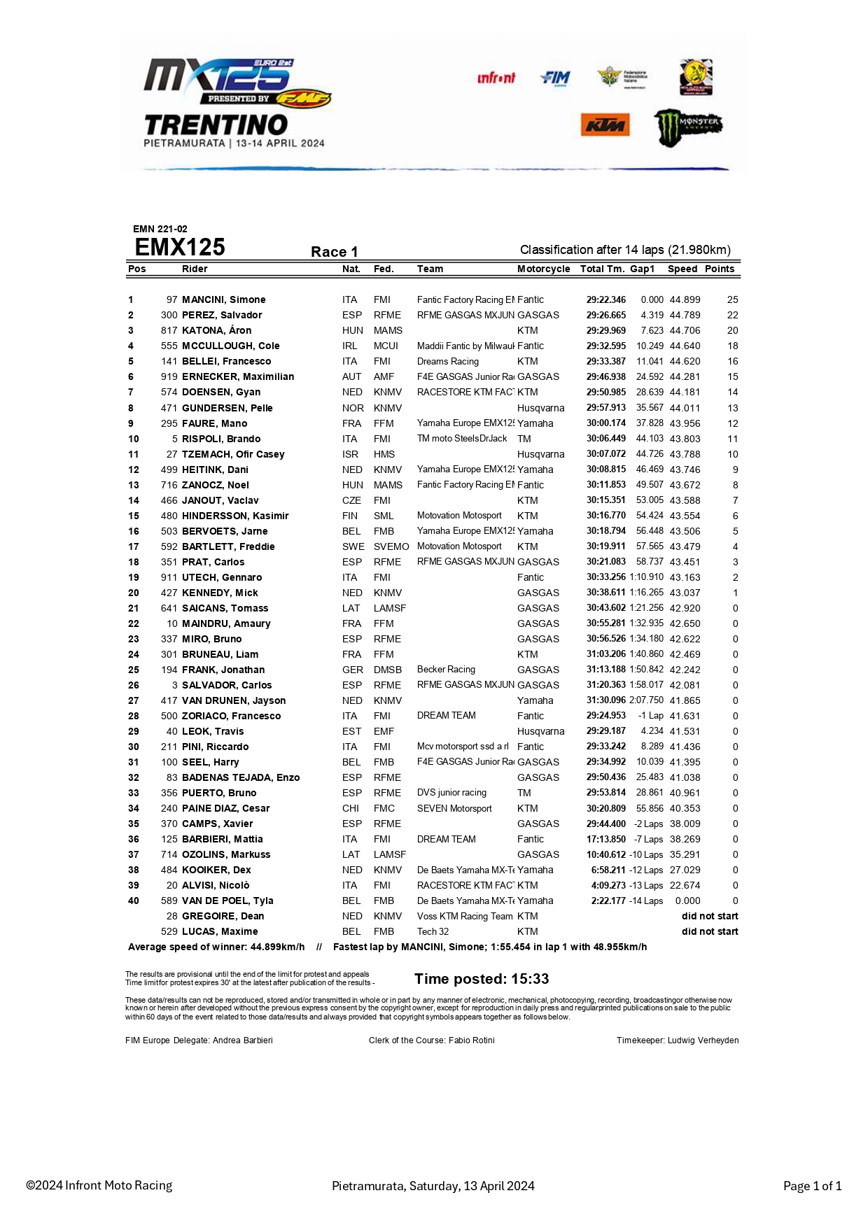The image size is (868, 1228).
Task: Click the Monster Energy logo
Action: [687, 127]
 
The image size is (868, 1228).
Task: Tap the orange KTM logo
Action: [605, 125]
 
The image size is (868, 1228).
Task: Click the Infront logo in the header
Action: [496, 78]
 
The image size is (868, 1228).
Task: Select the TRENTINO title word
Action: [216, 125]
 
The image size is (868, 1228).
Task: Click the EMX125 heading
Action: [180, 248]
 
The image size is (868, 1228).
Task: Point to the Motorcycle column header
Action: [543, 269]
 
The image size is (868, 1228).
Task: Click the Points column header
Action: [720, 269]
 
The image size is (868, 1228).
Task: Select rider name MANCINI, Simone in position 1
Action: [224, 299]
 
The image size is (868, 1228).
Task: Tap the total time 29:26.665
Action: [606, 315]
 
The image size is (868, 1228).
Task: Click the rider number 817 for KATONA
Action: [169, 330]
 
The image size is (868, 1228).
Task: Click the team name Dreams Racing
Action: [448, 361]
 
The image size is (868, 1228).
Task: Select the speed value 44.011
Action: [685, 408]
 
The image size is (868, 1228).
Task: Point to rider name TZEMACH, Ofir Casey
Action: [233, 454]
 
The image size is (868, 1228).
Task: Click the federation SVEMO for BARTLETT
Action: [391, 546]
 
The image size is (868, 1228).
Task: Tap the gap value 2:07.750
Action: [646, 700]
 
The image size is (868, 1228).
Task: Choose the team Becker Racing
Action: [446, 670]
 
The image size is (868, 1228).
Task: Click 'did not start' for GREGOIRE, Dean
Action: [710, 916]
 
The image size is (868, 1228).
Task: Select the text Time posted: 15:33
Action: [482, 979]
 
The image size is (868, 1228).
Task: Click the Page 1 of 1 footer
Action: [812, 1186]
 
